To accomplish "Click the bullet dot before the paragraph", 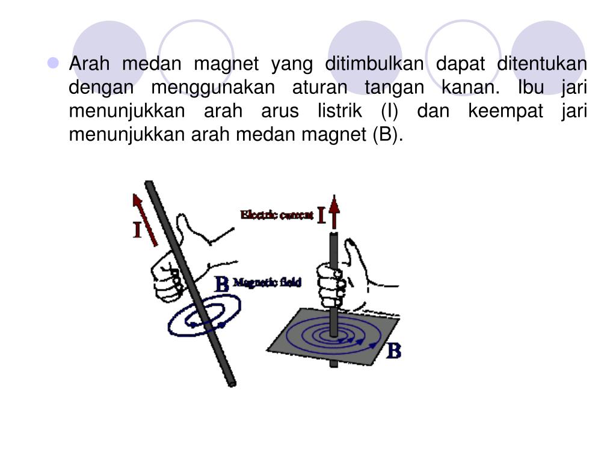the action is [x=53, y=63].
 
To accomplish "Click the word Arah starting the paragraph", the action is [x=89, y=64].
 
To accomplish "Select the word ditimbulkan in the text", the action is [x=374, y=64].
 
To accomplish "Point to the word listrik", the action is [x=340, y=111].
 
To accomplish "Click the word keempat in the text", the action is [x=505, y=111].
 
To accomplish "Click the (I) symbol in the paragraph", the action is [x=389, y=111].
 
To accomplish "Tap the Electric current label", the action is [x=277, y=215].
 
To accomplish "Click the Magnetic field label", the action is [x=267, y=282].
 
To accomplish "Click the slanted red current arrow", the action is [x=145, y=220].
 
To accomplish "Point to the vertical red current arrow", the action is [x=334, y=212].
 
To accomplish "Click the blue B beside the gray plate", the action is [x=394, y=351].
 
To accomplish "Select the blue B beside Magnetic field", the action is [x=222, y=284].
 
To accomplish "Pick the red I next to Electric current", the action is [x=321, y=216].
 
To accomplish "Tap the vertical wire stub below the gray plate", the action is [x=334, y=364].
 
